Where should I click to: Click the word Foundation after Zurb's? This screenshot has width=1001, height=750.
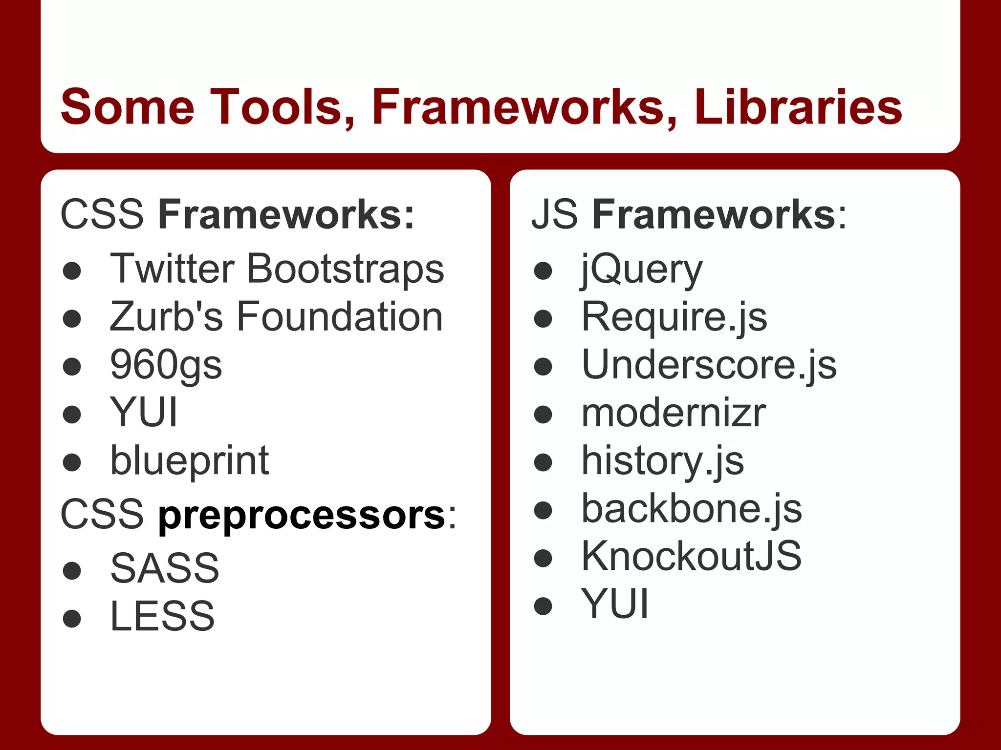pos(340,316)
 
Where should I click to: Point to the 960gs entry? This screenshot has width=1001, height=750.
pos(166,365)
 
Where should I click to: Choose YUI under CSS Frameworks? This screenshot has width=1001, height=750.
pos(143,413)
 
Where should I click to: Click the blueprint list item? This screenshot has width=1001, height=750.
pos(190,461)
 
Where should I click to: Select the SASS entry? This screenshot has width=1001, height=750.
pos(165,568)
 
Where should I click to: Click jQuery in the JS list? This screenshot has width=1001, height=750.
pos(641,270)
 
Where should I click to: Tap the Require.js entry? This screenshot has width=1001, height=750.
pos(674,317)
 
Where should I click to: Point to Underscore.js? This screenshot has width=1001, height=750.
pos(709,365)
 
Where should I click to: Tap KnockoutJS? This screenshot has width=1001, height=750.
pos(691,556)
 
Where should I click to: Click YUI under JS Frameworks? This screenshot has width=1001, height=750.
pos(614,604)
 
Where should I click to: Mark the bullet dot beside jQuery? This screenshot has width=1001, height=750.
pos(543,271)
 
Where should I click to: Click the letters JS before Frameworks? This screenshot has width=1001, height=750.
pos(554,214)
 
